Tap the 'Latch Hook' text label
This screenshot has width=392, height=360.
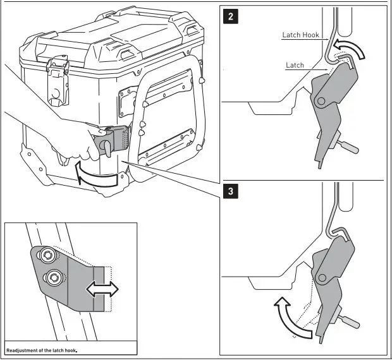pyautogui.click(x=301, y=35)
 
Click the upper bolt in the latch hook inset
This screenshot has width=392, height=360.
pyautogui.click(x=46, y=255)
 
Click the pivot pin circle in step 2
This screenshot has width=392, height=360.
pyautogui.click(x=322, y=101)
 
